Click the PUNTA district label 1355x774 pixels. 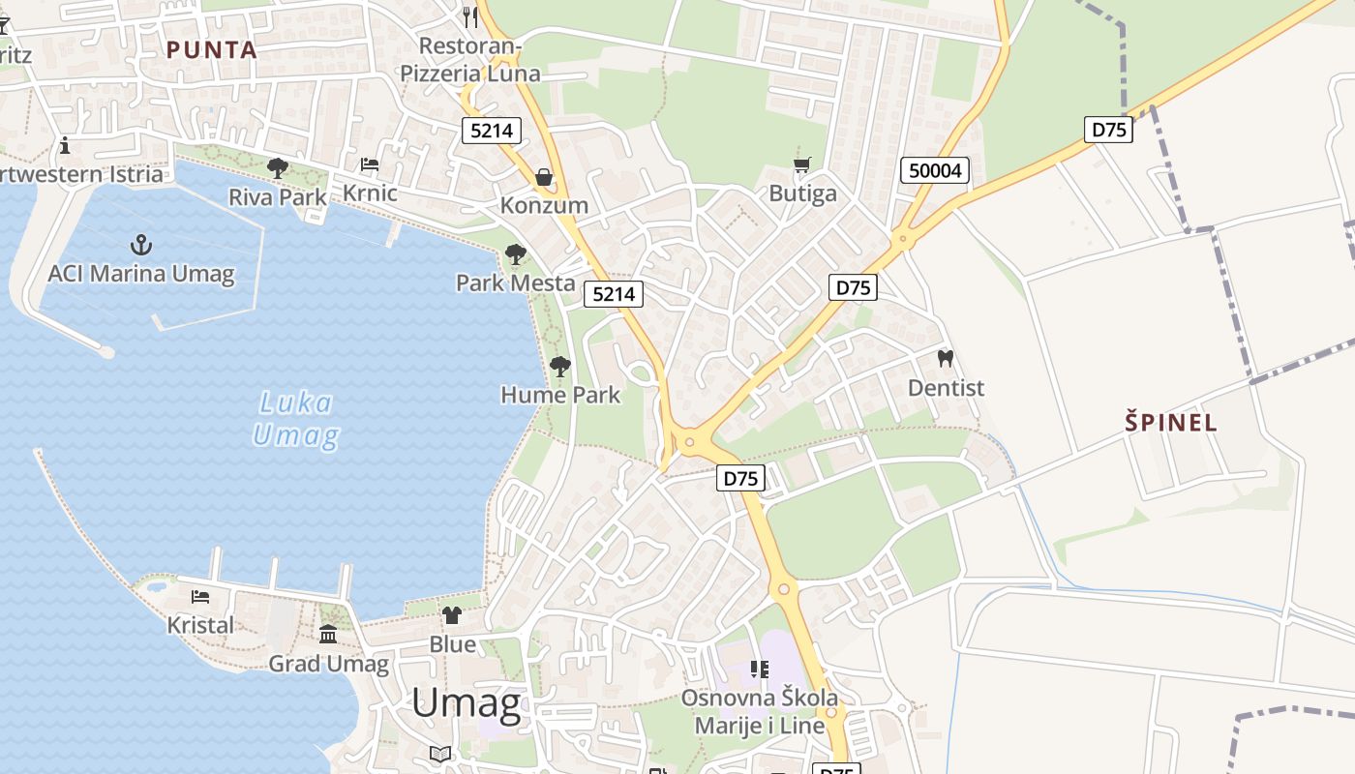(x=211, y=50)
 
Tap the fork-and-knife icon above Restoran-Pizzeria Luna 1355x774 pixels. (x=470, y=15)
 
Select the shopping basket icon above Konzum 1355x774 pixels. (x=544, y=177)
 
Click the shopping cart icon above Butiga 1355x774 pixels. (x=801, y=164)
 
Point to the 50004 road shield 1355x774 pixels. (x=936, y=171)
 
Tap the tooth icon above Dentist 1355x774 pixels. (x=946, y=359)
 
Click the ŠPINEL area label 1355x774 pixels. (x=1171, y=422)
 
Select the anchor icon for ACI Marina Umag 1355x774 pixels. (x=141, y=245)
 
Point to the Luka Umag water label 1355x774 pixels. (x=296, y=419)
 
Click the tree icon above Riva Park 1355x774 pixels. (x=278, y=168)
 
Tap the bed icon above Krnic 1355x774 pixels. (x=370, y=164)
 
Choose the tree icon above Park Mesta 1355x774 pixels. (x=516, y=254)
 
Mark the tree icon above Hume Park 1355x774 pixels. (x=559, y=366)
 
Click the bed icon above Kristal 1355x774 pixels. (x=200, y=597)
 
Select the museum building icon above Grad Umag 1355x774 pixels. (x=328, y=635)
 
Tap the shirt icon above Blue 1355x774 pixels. (x=452, y=615)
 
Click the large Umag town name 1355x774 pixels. (x=467, y=703)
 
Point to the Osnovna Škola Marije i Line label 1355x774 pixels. (x=760, y=711)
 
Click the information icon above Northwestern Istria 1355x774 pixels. (x=65, y=146)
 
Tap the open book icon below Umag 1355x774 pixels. (x=440, y=753)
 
